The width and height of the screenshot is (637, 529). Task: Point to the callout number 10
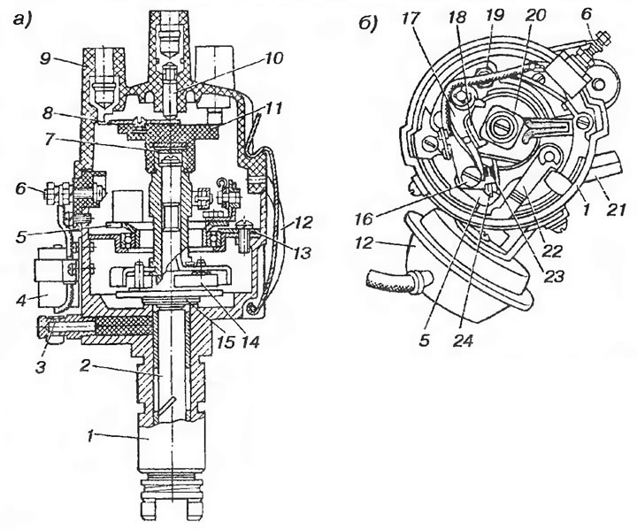tap(273, 58)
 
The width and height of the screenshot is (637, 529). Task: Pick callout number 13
tap(301, 252)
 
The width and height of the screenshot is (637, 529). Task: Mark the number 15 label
tap(226, 342)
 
